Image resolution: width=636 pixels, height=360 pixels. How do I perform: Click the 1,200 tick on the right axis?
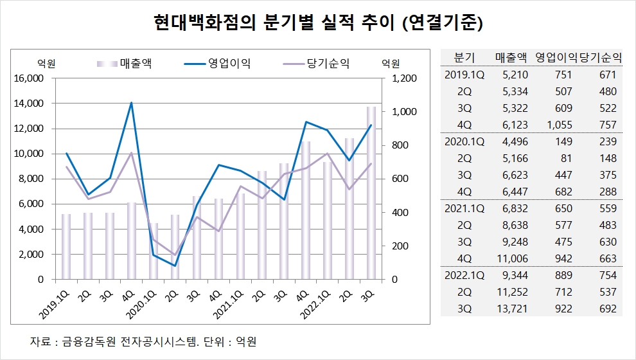pyautogui.click(x=402, y=78)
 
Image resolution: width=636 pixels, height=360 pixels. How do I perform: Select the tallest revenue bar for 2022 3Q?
pyautogui.click(x=371, y=193)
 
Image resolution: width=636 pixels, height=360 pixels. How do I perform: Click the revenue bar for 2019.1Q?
pyautogui.click(x=66, y=247)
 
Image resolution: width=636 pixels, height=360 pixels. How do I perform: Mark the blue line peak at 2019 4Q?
pyautogui.click(x=132, y=103)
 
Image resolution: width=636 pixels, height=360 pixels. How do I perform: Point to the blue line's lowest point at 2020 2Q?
pyautogui.click(x=175, y=265)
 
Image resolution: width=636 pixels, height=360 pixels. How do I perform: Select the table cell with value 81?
pyautogui.click(x=564, y=158)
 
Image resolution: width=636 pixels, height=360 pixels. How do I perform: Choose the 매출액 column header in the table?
pyautogui.click(x=511, y=57)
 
